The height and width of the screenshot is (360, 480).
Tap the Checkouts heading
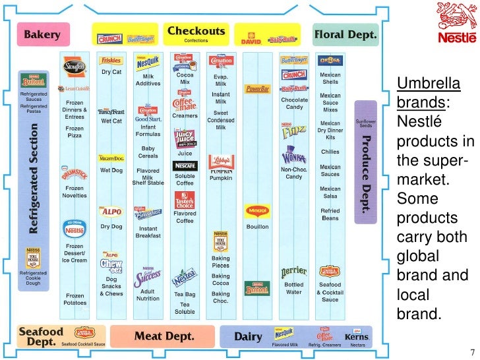(196, 31)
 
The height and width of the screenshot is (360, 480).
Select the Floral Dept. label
(345, 34)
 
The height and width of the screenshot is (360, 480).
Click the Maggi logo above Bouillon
(256, 212)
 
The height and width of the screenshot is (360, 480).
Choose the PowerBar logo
(256, 88)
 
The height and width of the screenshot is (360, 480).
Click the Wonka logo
(293, 158)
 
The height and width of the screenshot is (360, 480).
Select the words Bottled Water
(293, 289)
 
